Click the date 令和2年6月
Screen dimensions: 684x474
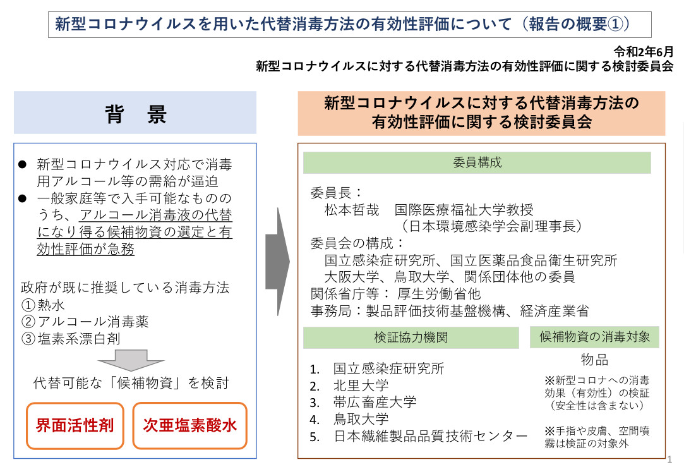644,51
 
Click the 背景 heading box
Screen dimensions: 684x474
135,112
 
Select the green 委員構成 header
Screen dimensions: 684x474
477,163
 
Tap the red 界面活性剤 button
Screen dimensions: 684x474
75,425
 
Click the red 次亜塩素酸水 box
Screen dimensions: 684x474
189,425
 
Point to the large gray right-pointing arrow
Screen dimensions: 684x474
277,262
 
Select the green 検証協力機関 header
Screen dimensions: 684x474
411,337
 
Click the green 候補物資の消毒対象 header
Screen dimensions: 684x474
594,337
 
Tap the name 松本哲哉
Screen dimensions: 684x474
352,210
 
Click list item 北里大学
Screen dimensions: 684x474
361,386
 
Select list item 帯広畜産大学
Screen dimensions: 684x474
375,402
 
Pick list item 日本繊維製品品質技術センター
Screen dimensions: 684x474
430,436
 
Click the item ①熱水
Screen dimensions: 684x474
43,305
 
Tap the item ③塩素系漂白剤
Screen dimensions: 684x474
71,339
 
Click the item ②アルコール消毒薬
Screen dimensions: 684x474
85,322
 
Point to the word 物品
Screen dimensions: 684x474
594,360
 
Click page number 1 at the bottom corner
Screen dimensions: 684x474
670,459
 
